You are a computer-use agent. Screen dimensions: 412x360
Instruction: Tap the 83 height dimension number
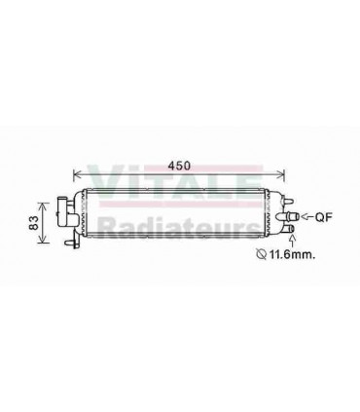[x=32, y=224]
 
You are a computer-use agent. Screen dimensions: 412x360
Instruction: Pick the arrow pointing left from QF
[x=306, y=216]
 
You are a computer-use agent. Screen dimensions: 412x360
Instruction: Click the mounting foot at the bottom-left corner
[x=69, y=241]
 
